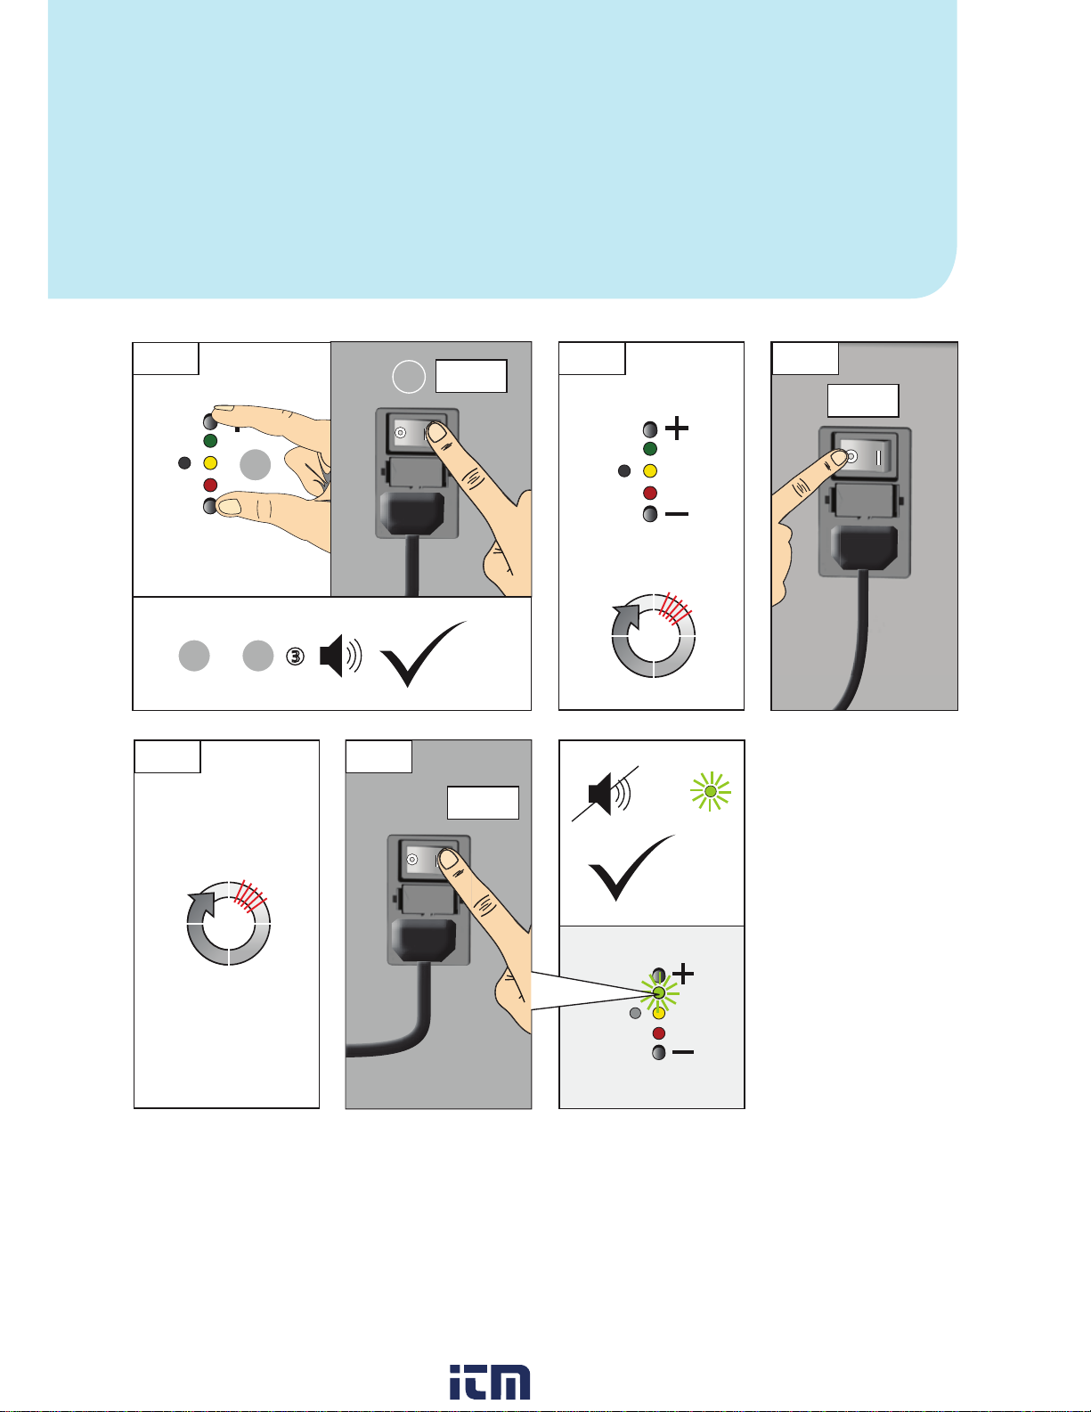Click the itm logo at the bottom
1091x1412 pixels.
tap(490, 1382)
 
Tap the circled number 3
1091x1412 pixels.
tap(295, 657)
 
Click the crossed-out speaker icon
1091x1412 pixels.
tap(606, 794)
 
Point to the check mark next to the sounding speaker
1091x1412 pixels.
tap(423, 654)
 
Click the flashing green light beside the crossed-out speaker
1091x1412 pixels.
tap(711, 791)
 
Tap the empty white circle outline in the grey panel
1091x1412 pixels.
tap(409, 377)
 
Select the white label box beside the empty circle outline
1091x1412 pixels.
tap(471, 376)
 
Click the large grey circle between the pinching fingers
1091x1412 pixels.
tap(256, 465)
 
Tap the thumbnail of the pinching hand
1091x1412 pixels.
tap(229, 505)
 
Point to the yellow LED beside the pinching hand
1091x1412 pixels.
tap(210, 463)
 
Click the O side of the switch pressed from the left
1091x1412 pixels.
tap(851, 457)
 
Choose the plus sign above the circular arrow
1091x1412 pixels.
tap(677, 428)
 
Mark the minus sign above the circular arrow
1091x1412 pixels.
tap(677, 514)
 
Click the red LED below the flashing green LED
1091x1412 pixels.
tap(658, 1033)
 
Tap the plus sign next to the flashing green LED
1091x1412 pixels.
tap(683, 974)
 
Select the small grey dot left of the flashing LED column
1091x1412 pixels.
tap(635, 1013)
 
